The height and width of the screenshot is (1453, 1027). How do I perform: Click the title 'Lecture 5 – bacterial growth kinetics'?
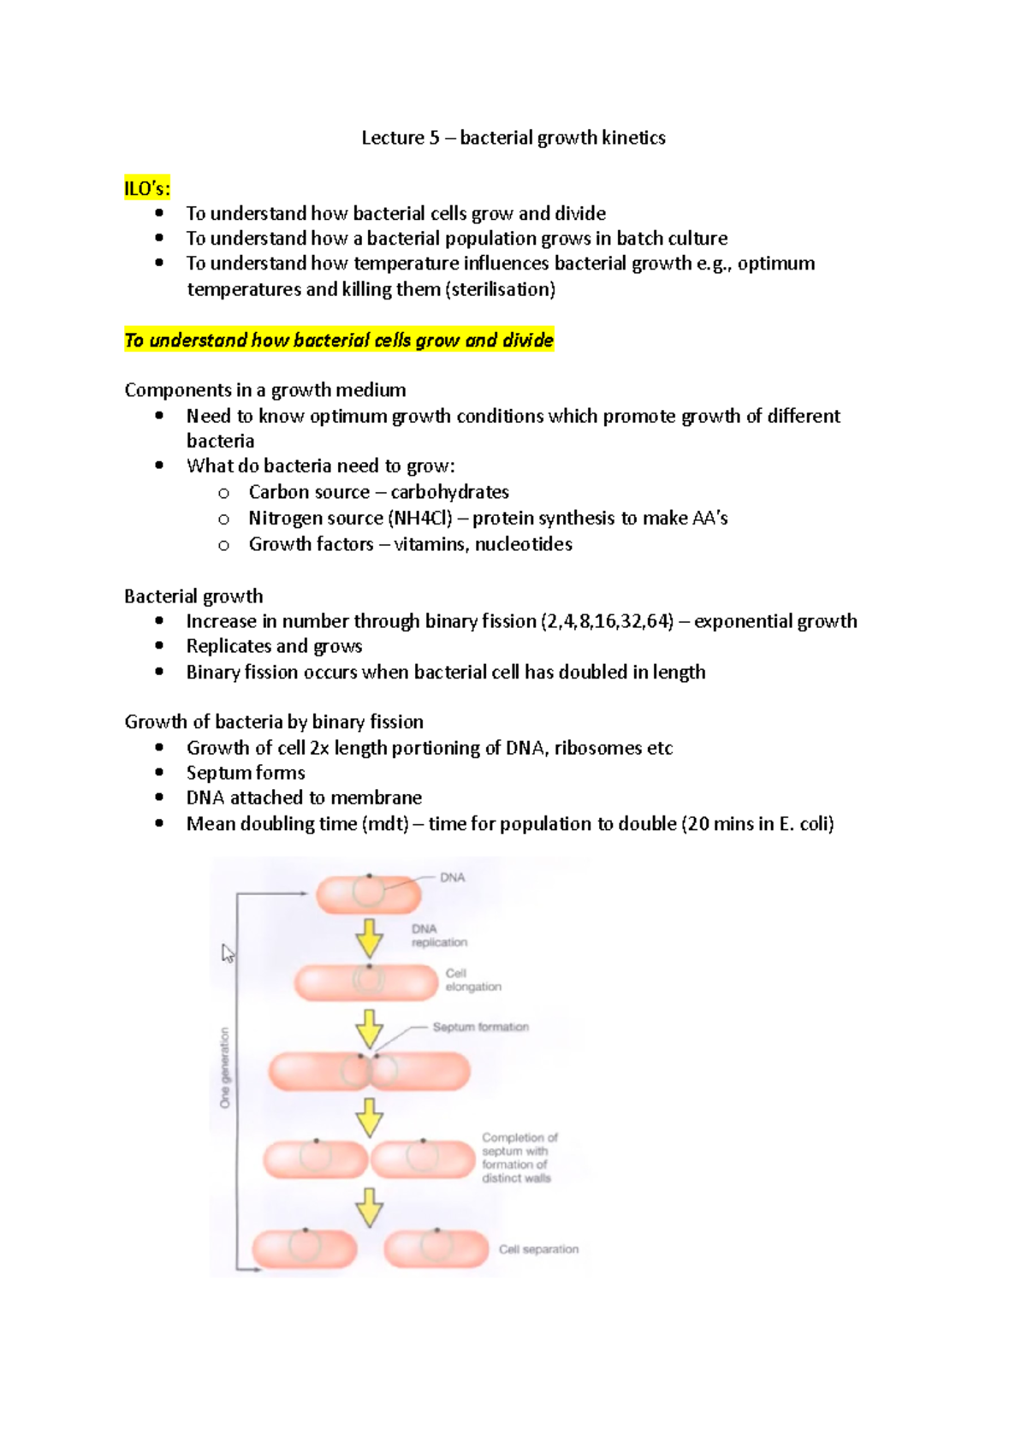click(x=513, y=138)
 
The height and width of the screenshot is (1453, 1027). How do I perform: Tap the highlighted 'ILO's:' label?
click(x=147, y=188)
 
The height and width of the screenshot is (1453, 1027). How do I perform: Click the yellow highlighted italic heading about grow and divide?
click(x=339, y=340)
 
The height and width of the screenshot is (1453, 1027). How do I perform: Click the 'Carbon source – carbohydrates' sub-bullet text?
click(x=378, y=492)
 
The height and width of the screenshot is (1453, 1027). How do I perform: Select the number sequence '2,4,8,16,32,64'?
click(x=607, y=621)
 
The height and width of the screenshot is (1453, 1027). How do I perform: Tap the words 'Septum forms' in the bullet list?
click(x=246, y=773)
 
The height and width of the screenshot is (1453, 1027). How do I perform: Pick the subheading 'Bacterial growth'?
click(x=193, y=596)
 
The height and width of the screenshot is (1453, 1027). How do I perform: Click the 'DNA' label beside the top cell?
click(x=452, y=878)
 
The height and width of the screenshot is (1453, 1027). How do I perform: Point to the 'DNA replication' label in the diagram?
click(x=438, y=935)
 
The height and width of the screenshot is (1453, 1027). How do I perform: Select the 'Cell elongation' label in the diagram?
click(x=472, y=980)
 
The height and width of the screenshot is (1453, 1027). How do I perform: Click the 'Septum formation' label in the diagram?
click(x=480, y=1027)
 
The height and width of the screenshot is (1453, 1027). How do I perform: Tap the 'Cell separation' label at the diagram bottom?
click(x=538, y=1249)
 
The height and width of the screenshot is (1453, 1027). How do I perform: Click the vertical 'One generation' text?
click(x=225, y=1067)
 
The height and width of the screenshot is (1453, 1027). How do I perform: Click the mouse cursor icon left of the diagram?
click(x=228, y=953)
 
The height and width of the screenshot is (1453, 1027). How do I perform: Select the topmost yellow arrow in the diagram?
click(x=369, y=938)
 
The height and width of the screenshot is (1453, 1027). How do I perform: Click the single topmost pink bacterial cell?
click(x=369, y=894)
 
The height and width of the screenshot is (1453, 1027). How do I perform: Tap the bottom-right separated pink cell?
click(x=436, y=1248)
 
